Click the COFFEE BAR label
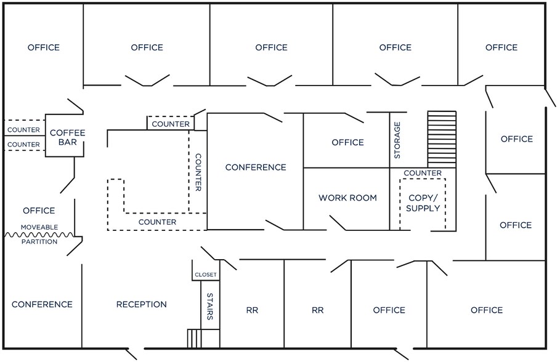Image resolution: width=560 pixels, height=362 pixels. click(x=67, y=137)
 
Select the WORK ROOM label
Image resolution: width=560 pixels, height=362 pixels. click(x=347, y=198)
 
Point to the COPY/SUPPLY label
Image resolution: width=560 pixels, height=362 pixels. click(x=424, y=203)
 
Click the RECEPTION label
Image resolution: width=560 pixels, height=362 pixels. click(x=142, y=304)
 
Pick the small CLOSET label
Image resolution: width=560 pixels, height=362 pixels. click(x=206, y=275)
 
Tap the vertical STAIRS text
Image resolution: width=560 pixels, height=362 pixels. click(x=210, y=306)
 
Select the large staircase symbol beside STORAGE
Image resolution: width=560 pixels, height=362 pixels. click(x=442, y=139)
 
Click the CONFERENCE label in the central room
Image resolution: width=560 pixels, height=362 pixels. click(x=255, y=167)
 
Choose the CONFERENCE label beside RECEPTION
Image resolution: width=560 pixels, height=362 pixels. click(x=42, y=304)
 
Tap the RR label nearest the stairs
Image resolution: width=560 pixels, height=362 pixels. click(x=252, y=310)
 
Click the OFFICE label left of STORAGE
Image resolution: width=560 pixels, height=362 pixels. click(x=347, y=142)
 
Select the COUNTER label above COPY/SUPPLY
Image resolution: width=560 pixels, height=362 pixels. click(x=423, y=173)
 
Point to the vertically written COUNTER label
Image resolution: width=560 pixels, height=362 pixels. click(x=198, y=172)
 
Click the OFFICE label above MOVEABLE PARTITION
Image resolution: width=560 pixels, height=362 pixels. click(x=39, y=211)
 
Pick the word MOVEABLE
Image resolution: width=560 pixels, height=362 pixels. click(x=39, y=227)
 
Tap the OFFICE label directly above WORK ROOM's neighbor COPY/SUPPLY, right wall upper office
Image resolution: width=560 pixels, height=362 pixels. click(x=516, y=139)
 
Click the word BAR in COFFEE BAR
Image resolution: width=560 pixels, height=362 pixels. click(x=67, y=143)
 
